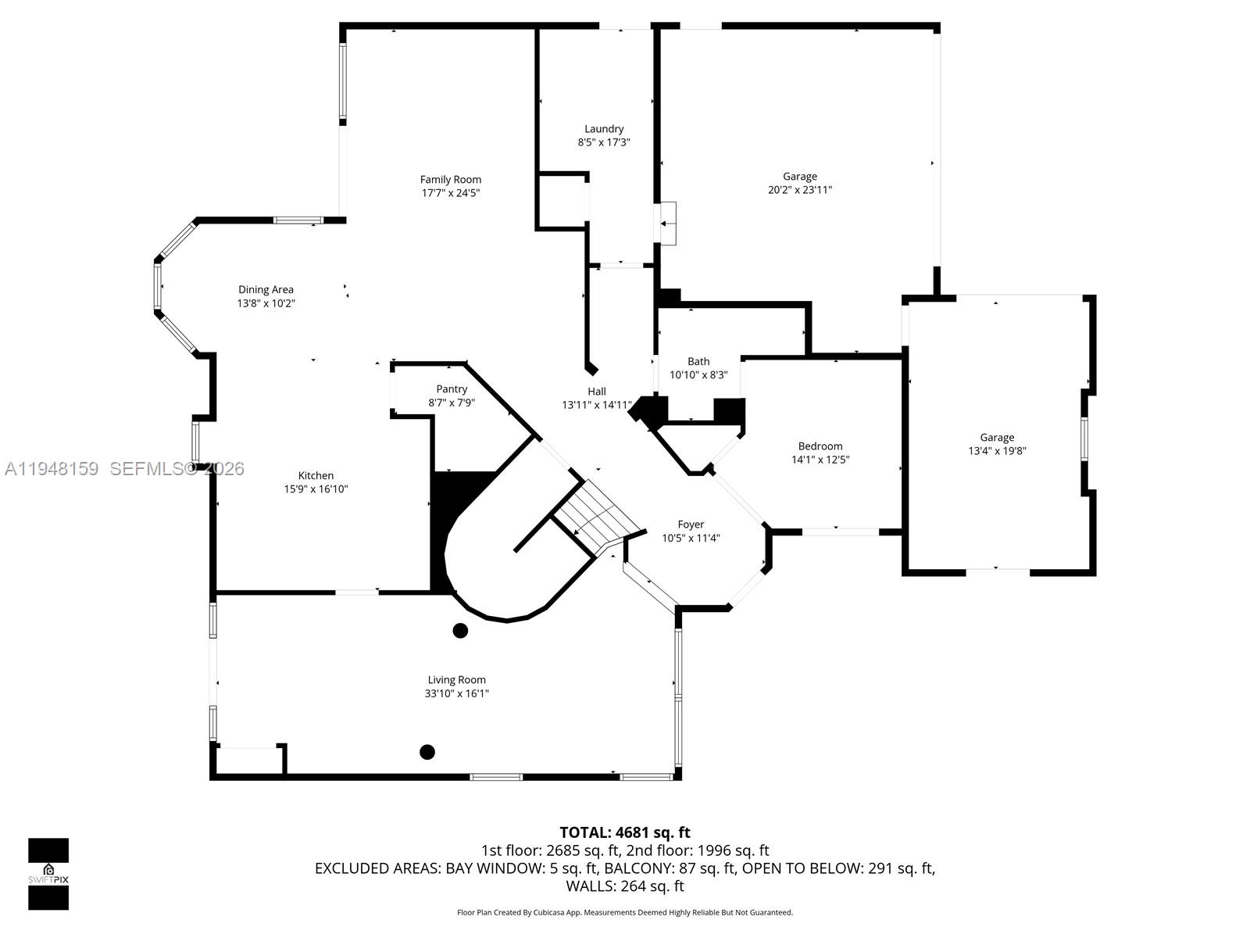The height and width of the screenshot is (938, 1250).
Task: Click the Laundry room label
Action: tap(604, 129)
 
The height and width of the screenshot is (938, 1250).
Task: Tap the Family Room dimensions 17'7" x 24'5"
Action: tap(451, 193)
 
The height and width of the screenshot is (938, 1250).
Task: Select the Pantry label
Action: tap(452, 389)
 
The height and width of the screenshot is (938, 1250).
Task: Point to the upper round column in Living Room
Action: tap(460, 630)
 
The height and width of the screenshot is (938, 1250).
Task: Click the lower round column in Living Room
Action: tap(427, 752)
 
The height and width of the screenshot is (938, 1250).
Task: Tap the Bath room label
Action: tap(698, 361)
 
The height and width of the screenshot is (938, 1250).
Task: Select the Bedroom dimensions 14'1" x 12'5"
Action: tap(820, 460)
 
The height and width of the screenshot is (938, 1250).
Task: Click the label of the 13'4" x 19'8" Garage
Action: tap(997, 438)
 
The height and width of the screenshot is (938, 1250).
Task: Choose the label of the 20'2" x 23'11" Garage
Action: tap(800, 177)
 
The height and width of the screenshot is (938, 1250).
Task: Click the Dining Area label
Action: tap(266, 290)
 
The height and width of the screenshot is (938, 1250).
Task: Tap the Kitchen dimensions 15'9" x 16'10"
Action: tap(316, 489)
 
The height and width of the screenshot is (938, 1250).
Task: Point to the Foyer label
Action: tap(691, 524)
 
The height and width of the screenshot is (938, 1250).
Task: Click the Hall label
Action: tap(597, 392)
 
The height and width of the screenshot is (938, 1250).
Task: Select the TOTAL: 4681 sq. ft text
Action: tap(624, 832)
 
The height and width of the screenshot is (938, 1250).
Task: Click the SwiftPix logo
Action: tap(48, 873)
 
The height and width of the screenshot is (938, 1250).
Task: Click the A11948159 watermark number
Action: tap(52, 469)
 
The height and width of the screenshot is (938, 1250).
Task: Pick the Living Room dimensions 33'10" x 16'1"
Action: tap(457, 693)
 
